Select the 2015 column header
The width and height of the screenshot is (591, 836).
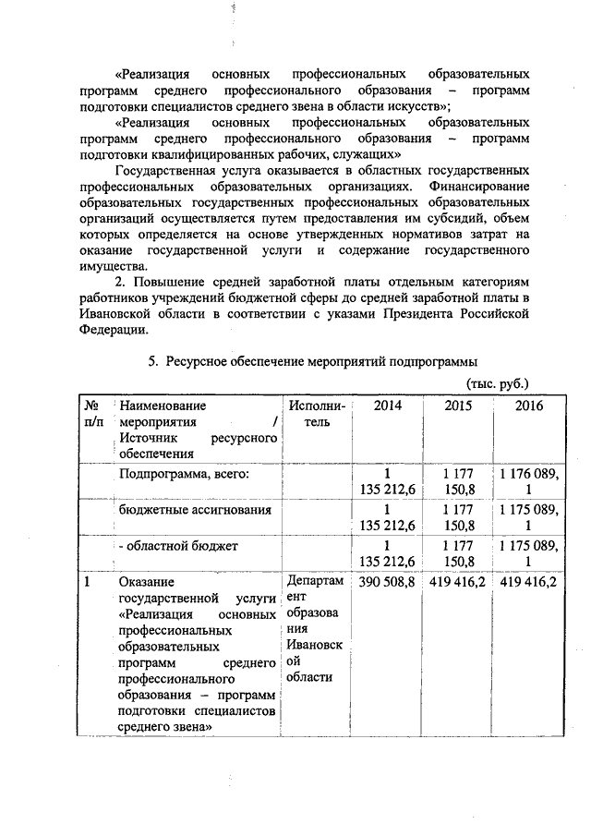pyautogui.click(x=458, y=406)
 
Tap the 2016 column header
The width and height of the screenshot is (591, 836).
pyautogui.click(x=529, y=406)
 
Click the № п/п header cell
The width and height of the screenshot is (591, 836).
pyautogui.click(x=93, y=414)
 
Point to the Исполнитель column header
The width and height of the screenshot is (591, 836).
pyautogui.click(x=317, y=414)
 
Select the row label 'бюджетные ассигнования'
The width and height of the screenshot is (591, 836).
pyautogui.click(x=195, y=509)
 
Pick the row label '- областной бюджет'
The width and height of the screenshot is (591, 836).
pyautogui.click(x=179, y=546)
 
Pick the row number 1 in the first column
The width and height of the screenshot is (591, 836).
pyautogui.click(x=88, y=583)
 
